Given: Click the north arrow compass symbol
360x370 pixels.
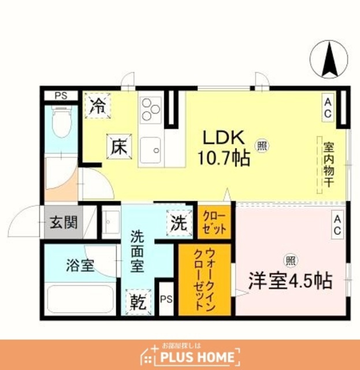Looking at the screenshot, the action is [x=329, y=59].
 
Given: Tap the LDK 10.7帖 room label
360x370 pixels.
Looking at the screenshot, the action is [x=224, y=148].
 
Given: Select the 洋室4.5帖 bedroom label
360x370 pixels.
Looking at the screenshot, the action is [x=291, y=281].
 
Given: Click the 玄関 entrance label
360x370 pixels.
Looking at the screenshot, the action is [x=64, y=223].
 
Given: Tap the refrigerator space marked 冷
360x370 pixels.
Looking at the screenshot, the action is [x=98, y=105].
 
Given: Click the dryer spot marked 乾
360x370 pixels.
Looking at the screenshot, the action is [x=138, y=302].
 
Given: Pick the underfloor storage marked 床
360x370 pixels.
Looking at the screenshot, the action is [x=119, y=146].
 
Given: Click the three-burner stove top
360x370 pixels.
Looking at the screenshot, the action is [x=151, y=110].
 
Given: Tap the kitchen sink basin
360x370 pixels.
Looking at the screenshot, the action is [x=151, y=150].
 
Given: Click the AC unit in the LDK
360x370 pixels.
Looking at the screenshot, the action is [x=328, y=108].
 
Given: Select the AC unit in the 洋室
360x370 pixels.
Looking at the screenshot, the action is [x=337, y=225].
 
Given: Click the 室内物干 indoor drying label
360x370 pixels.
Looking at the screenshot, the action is [x=329, y=164].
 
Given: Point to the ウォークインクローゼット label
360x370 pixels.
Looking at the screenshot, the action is [x=204, y=280].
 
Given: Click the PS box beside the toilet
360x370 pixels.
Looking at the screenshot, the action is [x=61, y=96].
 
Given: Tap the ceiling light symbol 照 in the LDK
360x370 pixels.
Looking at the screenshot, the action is [x=262, y=146].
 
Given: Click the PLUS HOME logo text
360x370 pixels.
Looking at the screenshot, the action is [x=197, y=357].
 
